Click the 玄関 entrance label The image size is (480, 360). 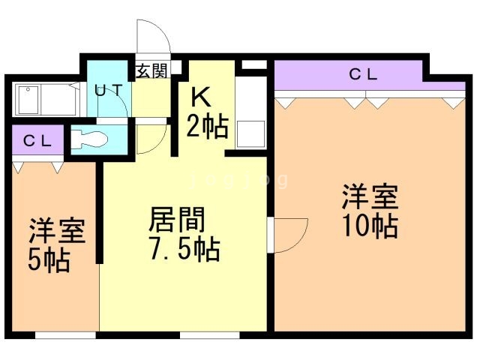tap(151, 71)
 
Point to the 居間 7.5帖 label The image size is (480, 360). tap(184, 234)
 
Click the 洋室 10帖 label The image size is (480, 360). tap(369, 211)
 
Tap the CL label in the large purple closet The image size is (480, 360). tap(363, 74)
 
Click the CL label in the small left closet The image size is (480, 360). tap(36, 141)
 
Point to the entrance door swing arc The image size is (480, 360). tap(152, 37)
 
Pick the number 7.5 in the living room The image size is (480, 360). tap(170, 248)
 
